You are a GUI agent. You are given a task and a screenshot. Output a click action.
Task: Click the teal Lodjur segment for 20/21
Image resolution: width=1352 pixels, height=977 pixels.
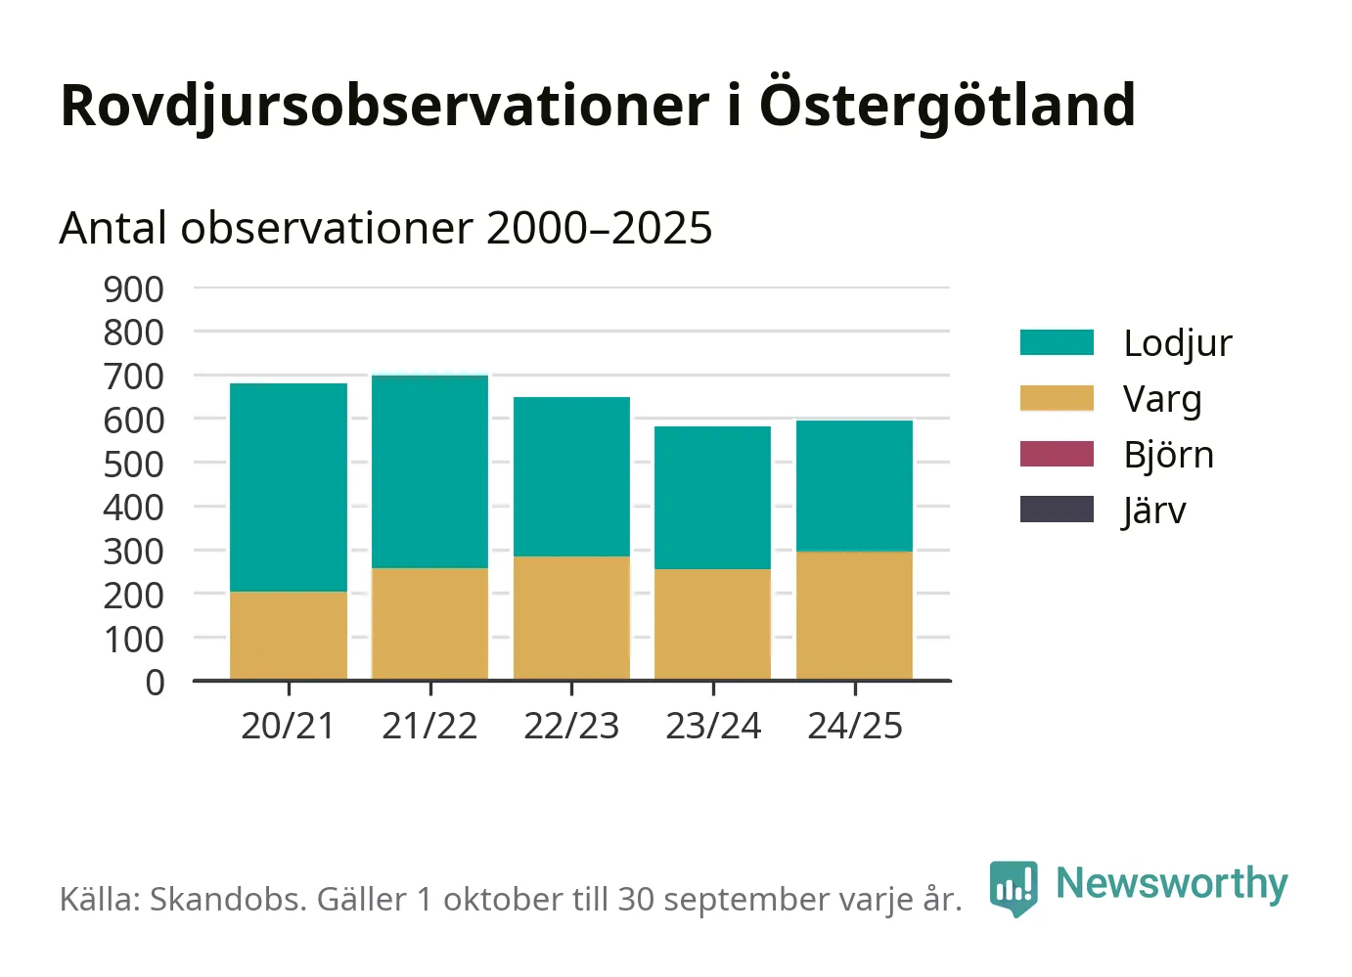[289, 487]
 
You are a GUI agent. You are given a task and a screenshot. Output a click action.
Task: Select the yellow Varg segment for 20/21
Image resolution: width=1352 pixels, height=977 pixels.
[289, 636]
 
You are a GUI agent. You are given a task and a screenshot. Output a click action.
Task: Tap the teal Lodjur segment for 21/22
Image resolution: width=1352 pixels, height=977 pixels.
[429, 471]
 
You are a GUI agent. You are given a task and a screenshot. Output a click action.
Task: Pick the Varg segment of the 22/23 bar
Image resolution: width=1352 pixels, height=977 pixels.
[571, 618]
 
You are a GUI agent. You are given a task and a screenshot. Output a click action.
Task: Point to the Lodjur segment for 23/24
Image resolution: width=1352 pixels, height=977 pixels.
[712, 498]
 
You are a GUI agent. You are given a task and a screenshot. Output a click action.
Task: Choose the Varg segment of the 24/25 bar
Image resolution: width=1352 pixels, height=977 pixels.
[854, 616]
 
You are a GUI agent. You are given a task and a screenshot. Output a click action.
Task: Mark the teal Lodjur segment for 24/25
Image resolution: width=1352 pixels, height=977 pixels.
[854, 486]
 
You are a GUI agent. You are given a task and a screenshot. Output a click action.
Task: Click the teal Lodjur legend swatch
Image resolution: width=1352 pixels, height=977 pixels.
[1057, 342]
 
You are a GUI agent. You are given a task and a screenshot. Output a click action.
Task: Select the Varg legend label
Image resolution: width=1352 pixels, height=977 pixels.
[1162, 399]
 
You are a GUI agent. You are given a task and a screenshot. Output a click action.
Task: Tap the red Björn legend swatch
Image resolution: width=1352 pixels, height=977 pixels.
[1057, 454]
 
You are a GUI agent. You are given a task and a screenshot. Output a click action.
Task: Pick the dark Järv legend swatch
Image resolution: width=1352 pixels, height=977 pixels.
[1057, 510]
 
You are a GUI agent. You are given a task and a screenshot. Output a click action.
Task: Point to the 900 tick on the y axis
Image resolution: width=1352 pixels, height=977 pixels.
[134, 289]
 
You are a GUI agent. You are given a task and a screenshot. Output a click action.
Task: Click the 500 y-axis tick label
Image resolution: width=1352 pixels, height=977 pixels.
[134, 464]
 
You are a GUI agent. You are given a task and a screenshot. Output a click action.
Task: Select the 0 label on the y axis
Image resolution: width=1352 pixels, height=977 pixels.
[155, 682]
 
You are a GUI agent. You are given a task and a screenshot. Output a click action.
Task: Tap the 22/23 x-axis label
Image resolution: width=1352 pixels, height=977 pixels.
[571, 726]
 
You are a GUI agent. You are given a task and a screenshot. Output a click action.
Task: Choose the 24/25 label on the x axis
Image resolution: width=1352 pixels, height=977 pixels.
[854, 726]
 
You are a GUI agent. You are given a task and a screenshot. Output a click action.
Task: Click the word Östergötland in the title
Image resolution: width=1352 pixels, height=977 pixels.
[947, 105]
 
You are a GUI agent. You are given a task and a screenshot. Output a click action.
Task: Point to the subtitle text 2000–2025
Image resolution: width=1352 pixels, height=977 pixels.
[599, 229]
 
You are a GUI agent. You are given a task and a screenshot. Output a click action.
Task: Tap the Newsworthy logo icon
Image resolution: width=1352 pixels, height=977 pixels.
[1013, 887]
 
